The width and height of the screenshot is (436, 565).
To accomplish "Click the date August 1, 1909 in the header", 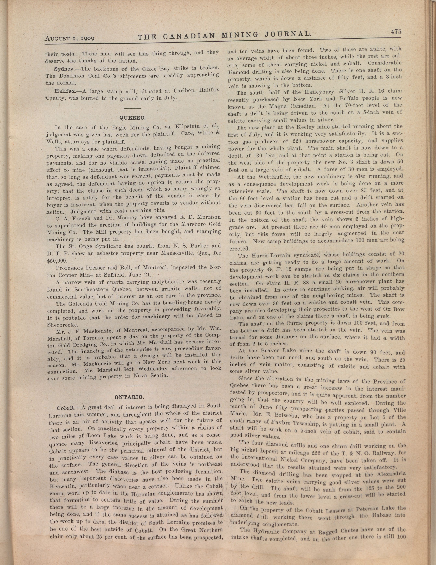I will tap(70, 39).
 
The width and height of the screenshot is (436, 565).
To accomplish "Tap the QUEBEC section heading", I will tap(133, 118).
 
